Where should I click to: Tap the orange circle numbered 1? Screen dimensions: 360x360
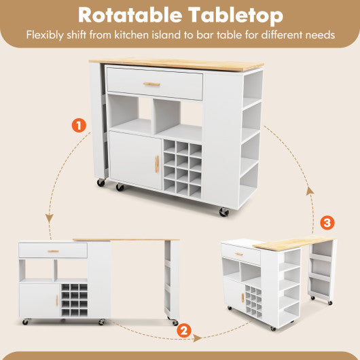pyautogui.click(x=80, y=126)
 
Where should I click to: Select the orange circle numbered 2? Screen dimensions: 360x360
pyautogui.click(x=182, y=331)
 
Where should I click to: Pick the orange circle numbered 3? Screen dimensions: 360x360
pyautogui.click(x=327, y=223)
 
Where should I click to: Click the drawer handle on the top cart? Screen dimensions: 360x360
pyautogui.click(x=151, y=84)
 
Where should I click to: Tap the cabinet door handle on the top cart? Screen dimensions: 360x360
pyautogui.click(x=156, y=164)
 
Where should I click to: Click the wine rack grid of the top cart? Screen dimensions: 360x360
pyautogui.click(x=183, y=168)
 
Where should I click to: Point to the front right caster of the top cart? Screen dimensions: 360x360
pyautogui.click(x=223, y=212)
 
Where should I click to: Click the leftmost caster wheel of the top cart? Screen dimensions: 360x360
pyautogui.click(x=101, y=182)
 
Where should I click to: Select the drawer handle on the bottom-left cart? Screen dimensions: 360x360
pyautogui.click(x=53, y=251)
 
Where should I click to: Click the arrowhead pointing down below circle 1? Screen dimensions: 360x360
pyautogui.click(x=50, y=217)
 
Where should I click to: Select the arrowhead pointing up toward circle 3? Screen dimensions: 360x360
pyautogui.click(x=310, y=192)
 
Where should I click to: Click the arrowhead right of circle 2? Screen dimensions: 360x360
pyautogui.click(x=198, y=336)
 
